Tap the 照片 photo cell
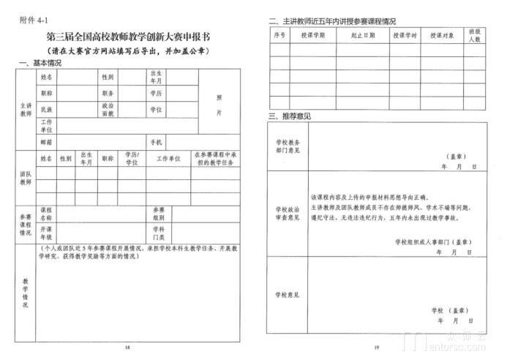[218, 105]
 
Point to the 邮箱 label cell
[47, 141]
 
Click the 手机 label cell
[156, 141]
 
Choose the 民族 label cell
[47, 109]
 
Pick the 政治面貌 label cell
[108, 109]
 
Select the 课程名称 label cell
[46, 213]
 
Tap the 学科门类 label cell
[158, 233]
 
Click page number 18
[127, 347]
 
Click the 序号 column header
[279, 34]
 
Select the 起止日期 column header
[363, 34]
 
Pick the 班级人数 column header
[473, 34]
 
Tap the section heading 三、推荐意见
[290, 116]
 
